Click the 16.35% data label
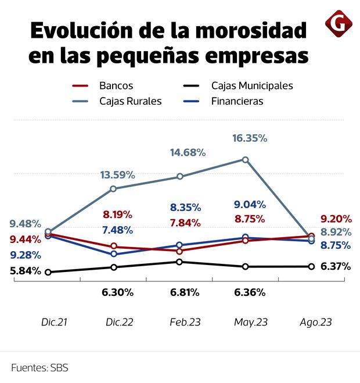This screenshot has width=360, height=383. click(250, 138)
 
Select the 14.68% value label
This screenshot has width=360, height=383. click(188, 152)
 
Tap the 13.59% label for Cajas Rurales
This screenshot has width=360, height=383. click(117, 175)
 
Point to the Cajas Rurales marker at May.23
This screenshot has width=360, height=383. click(246, 159)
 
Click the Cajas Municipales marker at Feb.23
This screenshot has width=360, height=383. click(179, 262)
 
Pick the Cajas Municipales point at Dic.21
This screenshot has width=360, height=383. click(48, 272)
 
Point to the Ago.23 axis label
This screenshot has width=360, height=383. click(315, 322)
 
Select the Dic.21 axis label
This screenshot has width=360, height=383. click(54, 322)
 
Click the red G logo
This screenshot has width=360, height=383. click(337, 24)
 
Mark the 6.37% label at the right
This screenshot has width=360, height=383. click(336, 267)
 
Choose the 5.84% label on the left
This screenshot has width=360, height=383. click(25, 270)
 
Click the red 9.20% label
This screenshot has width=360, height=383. click(336, 219)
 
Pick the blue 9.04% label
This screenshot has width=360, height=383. click(250, 205)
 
